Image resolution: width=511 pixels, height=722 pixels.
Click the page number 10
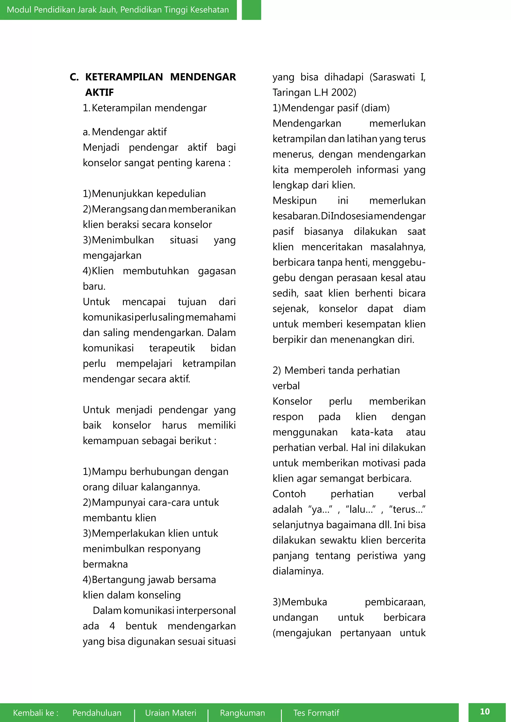(x=485, y=711)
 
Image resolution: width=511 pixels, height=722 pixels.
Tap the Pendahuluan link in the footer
(x=97, y=713)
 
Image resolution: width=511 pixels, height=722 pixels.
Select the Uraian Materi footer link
(x=171, y=713)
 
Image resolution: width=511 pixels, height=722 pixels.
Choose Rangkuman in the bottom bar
(x=242, y=713)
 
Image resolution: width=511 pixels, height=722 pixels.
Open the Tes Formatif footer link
(x=316, y=713)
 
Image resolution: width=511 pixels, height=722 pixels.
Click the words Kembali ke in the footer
(x=36, y=713)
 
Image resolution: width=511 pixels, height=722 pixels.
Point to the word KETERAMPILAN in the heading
(x=124, y=77)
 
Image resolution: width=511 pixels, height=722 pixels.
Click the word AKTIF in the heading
(x=100, y=92)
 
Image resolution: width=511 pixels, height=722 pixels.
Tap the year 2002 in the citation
(x=344, y=92)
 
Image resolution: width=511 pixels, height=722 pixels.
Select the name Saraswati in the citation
(x=393, y=77)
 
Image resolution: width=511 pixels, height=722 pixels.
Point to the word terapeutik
(x=172, y=348)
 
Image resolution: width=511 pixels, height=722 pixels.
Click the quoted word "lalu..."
(x=361, y=509)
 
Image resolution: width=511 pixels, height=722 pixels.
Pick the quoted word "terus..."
(x=407, y=509)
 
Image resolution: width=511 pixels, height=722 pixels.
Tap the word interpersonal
(x=206, y=611)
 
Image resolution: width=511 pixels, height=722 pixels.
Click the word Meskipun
(x=294, y=201)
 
